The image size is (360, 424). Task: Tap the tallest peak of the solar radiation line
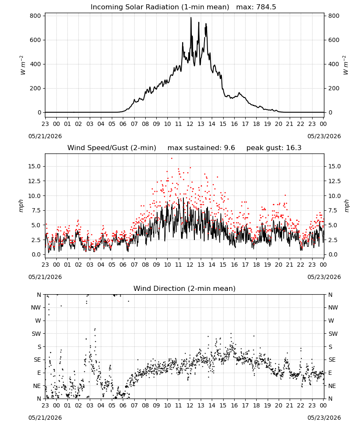(191, 18)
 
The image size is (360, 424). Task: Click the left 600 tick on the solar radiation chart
(36, 40)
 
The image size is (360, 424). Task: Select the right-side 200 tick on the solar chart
(334, 89)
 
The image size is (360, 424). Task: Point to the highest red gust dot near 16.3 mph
(172, 159)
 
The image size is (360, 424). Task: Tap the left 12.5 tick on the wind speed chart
(34, 181)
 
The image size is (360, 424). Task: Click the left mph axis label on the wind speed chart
(21, 206)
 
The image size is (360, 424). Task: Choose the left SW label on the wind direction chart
(36, 334)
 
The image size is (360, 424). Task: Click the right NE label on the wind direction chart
(332, 386)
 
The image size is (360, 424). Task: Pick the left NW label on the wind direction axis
(36, 307)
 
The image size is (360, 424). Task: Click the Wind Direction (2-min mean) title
(185, 288)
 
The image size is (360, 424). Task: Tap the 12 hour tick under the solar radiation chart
(190, 124)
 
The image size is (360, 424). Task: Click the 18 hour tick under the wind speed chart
(256, 265)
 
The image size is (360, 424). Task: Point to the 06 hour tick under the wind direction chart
(123, 405)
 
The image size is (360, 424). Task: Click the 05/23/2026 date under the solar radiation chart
(324, 136)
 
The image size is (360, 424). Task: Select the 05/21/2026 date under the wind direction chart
(45, 418)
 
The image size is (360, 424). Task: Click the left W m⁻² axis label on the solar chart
(22, 65)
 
